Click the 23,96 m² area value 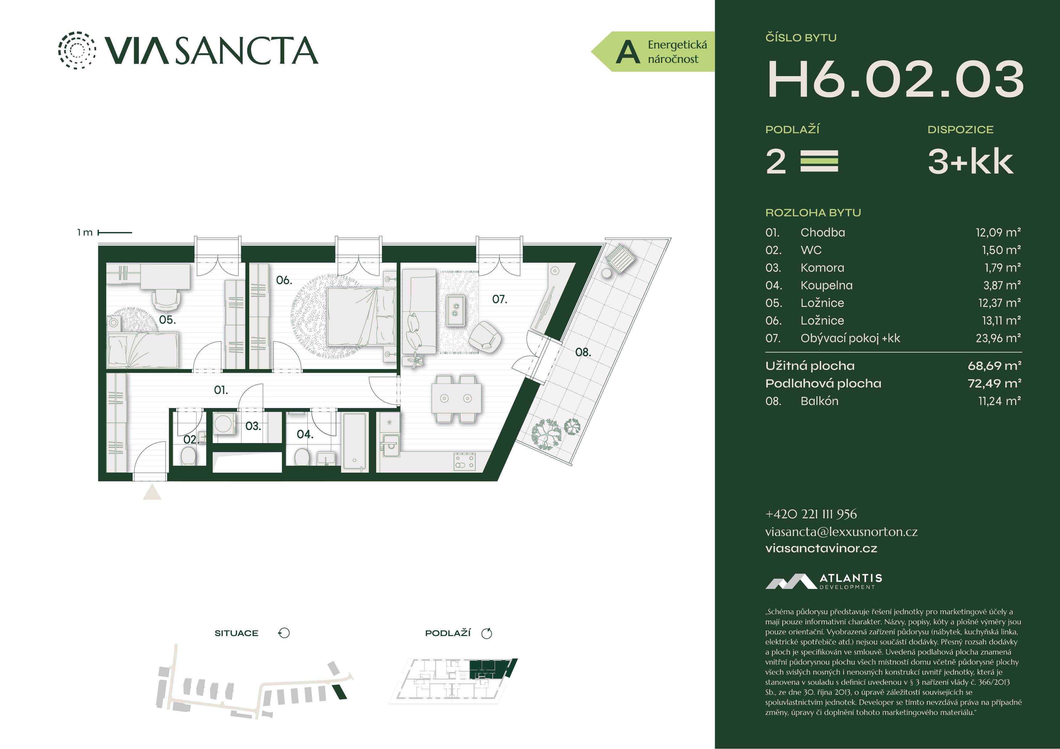tap(998, 338)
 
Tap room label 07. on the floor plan tap(499, 300)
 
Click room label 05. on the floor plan tap(167, 320)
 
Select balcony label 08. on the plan tap(583, 352)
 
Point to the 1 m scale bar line tap(115, 233)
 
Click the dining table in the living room tap(456, 398)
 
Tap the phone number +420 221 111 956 tap(811, 514)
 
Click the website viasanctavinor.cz tap(821, 548)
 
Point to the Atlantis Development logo tap(824, 581)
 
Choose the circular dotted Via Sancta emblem tap(77, 50)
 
